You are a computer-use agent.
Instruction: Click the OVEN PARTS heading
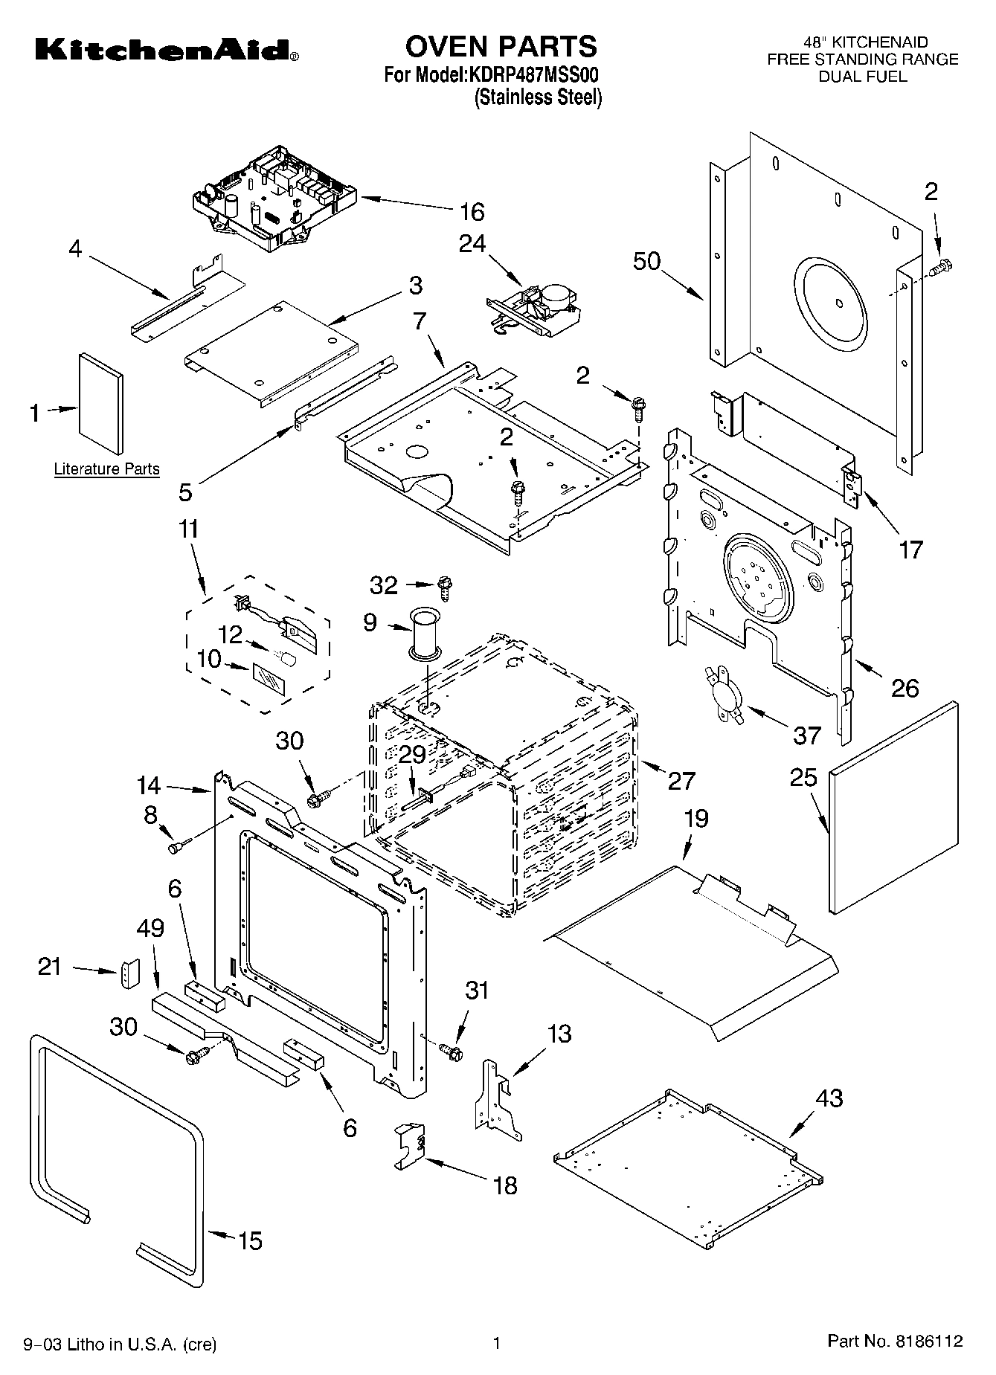(501, 46)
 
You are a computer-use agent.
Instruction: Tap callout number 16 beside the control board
(472, 212)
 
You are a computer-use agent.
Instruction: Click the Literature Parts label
(106, 469)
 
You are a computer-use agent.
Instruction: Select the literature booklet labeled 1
(101, 402)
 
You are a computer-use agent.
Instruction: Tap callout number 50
(646, 262)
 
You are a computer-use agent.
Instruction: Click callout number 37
(806, 735)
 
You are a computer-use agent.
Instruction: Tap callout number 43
(829, 1098)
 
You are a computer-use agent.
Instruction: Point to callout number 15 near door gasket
(250, 1241)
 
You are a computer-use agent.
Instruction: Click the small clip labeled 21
(130, 973)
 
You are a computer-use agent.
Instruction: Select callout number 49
(150, 929)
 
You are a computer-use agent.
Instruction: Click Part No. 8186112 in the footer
(895, 1342)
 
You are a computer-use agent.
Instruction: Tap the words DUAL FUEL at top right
(863, 76)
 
